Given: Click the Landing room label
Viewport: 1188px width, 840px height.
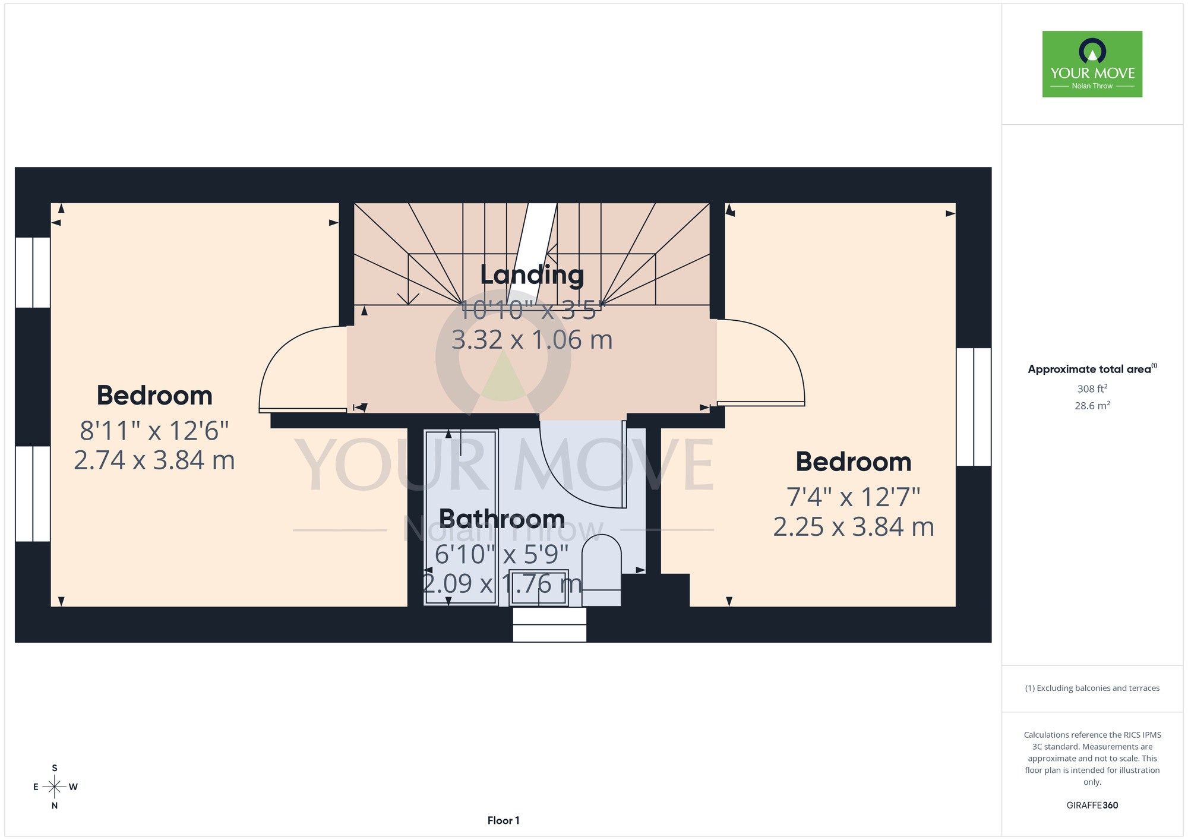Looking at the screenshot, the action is [x=532, y=276].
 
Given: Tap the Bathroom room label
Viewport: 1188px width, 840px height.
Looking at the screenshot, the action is [x=502, y=519].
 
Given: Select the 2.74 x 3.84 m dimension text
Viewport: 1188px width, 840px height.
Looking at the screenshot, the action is [x=154, y=460].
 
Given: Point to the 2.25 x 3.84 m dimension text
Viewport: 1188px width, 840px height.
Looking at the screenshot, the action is [x=854, y=527].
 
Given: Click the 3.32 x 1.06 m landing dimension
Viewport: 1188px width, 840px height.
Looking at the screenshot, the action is [x=532, y=340].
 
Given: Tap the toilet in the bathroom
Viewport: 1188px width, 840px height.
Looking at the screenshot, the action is [x=602, y=570].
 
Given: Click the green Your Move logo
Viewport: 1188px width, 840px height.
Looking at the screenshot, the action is [x=1092, y=64].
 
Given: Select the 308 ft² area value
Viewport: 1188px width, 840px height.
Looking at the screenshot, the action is [x=1092, y=389].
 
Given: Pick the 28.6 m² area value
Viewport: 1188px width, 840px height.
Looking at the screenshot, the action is [x=1092, y=406].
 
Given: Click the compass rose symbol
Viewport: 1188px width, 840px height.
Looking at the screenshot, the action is [x=55, y=787].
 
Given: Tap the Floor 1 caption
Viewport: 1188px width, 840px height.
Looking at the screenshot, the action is [x=503, y=820].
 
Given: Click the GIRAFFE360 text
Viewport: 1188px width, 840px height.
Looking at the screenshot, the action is [x=1092, y=806].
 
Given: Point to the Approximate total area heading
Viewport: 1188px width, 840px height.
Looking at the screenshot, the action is [x=1092, y=369].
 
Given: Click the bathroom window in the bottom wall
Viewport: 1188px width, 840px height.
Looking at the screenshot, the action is [x=549, y=624].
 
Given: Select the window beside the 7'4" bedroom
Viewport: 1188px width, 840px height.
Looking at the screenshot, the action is [x=974, y=407].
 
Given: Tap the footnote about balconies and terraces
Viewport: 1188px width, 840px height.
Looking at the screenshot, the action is [x=1092, y=688].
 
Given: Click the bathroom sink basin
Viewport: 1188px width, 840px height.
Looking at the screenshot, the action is [x=539, y=588].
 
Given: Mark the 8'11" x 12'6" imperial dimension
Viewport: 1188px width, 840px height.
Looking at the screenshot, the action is [x=154, y=431].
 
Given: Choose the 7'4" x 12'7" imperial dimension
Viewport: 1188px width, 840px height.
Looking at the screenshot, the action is [x=854, y=498].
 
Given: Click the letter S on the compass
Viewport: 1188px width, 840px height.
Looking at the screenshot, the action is [x=55, y=768].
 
